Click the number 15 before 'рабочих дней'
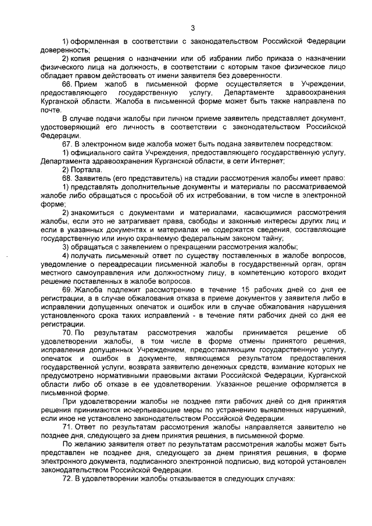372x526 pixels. point(246,289)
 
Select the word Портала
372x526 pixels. point(85,169)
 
